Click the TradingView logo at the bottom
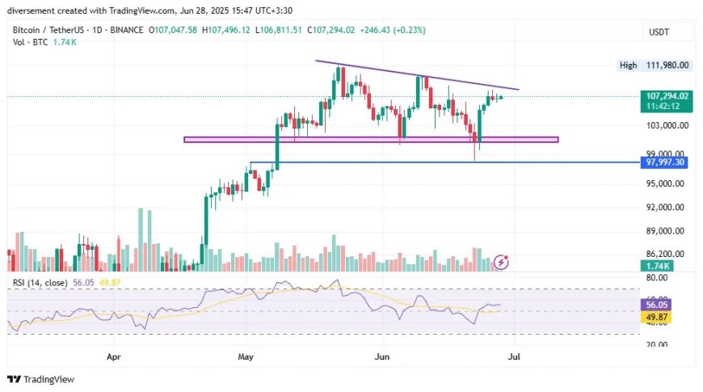(x=40, y=379)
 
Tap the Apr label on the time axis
(x=114, y=357)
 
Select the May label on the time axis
(x=246, y=357)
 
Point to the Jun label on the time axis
(x=382, y=357)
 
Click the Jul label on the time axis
(x=514, y=357)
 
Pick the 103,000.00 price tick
(x=667, y=125)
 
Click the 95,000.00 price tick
(x=665, y=183)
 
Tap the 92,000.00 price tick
(x=665, y=207)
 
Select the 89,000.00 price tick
(x=665, y=231)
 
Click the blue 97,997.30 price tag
(x=664, y=162)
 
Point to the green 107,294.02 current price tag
(x=667, y=101)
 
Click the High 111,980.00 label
(x=655, y=65)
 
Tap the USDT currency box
(x=659, y=32)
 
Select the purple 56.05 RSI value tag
(x=656, y=305)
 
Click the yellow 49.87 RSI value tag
(x=656, y=317)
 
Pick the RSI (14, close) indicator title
(x=40, y=283)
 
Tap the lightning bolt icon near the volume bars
(x=501, y=262)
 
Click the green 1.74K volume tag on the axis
(x=657, y=266)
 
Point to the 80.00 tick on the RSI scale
(x=657, y=277)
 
